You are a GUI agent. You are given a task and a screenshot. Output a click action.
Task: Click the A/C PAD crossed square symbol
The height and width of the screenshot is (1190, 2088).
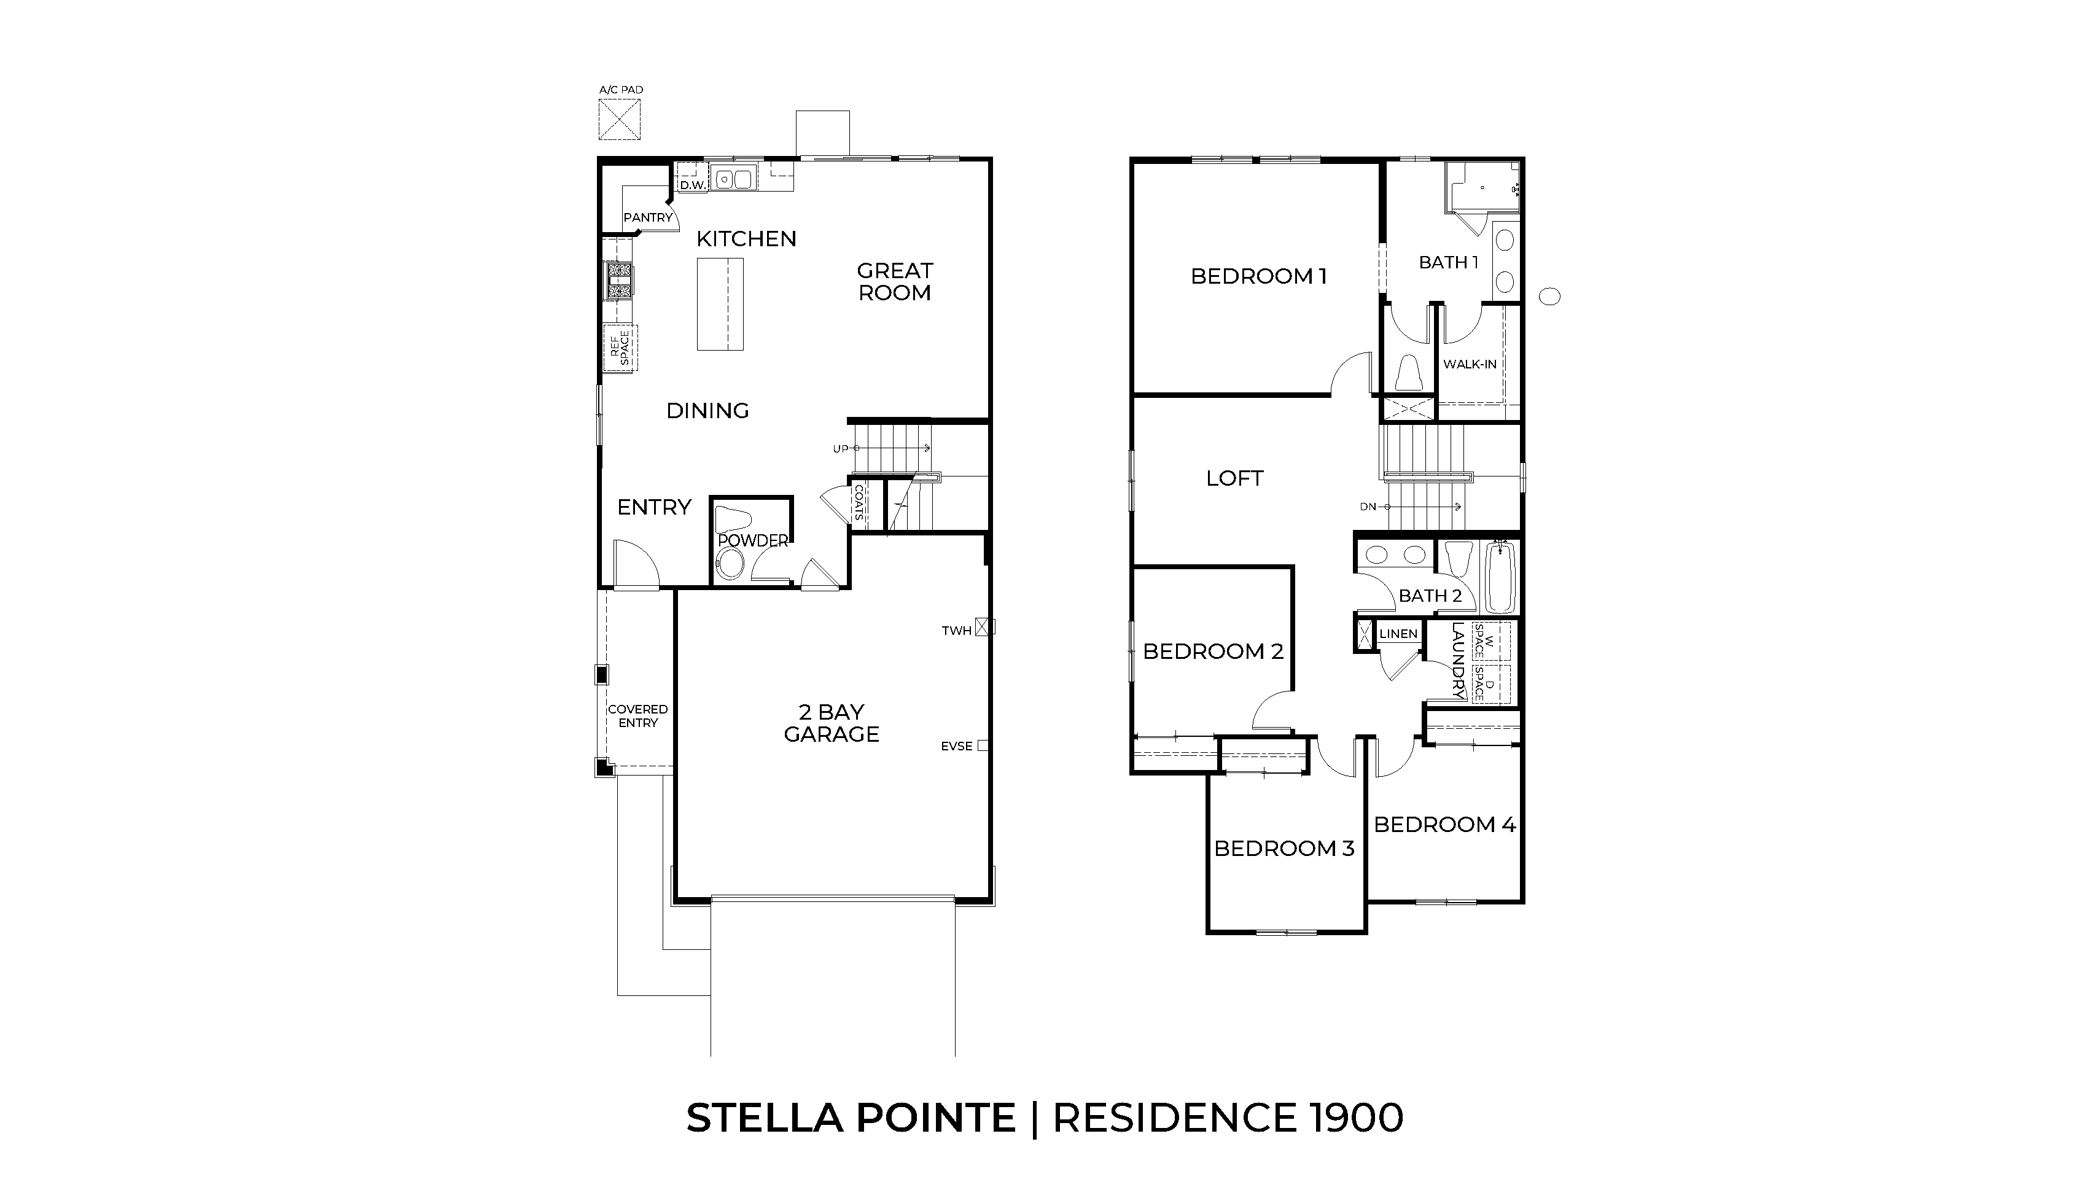(618, 119)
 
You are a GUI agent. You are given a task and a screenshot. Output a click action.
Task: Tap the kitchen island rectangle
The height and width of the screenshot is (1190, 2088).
(720, 304)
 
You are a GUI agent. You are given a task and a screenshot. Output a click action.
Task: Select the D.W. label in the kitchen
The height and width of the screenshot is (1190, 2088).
(692, 185)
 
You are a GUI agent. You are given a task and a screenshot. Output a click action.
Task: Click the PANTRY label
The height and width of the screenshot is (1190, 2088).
(647, 217)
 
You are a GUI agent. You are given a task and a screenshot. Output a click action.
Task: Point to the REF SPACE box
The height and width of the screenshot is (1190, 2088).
(620, 348)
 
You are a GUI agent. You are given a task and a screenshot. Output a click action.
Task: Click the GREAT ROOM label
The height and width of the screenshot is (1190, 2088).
(894, 282)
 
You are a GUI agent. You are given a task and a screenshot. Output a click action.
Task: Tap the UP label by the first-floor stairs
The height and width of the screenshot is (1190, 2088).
(840, 449)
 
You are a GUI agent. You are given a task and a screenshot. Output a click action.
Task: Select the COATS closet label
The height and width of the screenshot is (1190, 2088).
(858, 504)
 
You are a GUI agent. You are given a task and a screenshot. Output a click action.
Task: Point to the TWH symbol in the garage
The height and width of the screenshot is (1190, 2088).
(985, 628)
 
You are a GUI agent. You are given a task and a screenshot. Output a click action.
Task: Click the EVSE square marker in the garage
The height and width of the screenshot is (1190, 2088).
(983, 745)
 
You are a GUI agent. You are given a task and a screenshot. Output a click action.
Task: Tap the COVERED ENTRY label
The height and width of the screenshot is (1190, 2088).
(637, 716)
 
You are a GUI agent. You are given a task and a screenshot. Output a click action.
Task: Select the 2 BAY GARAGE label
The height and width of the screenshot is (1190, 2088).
(831, 723)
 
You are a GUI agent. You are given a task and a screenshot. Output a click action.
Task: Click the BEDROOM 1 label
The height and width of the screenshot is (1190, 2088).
(1258, 276)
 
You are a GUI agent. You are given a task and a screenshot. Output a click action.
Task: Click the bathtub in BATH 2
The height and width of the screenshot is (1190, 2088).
(1500, 577)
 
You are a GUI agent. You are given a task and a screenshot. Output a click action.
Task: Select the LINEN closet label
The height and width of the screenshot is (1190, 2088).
(1398, 634)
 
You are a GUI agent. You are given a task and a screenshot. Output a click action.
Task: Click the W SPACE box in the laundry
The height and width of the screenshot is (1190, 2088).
(1490, 642)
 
